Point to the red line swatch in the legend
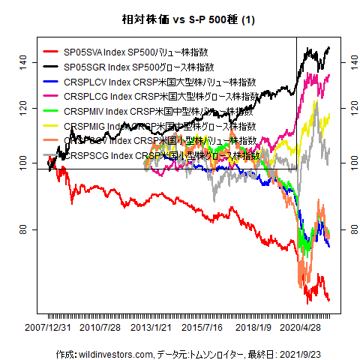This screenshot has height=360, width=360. tap(51, 52)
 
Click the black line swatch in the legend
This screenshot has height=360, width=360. tap(51, 67)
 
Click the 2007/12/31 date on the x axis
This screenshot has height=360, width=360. tap(48, 328)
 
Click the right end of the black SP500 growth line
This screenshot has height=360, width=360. tap(329, 48)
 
